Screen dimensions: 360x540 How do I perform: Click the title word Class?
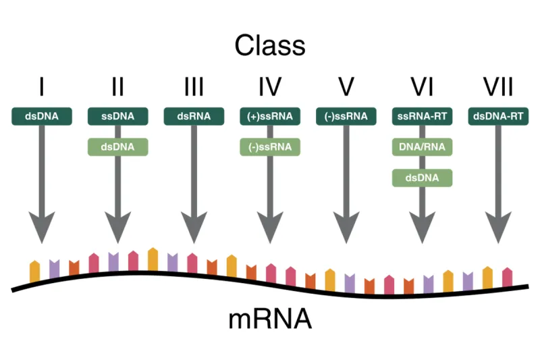(270, 45)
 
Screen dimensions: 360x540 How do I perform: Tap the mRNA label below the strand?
(270, 318)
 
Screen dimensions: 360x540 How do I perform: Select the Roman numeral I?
(42, 87)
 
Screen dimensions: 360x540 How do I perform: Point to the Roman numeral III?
(194, 87)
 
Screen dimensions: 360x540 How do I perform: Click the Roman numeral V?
(346, 87)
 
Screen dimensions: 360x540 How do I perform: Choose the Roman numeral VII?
(498, 87)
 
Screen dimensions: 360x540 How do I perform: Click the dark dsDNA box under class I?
(42, 116)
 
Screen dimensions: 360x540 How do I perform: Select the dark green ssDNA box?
(117, 116)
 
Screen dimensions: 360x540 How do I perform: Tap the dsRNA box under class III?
(194, 116)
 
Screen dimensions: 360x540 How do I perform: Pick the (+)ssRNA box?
(270, 116)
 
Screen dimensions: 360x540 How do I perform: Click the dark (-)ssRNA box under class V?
(346, 116)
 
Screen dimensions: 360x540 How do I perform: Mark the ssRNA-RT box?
(422, 116)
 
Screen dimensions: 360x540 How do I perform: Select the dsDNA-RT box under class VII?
(498, 116)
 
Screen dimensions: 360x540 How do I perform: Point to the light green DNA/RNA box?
(422, 147)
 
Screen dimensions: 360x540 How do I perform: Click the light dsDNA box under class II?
(117, 147)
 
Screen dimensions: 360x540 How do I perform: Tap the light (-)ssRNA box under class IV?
(270, 147)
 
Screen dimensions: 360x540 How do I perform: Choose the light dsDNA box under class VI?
(422, 178)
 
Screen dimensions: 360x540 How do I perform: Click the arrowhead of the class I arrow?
(42, 227)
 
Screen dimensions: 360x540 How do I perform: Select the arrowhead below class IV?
(270, 227)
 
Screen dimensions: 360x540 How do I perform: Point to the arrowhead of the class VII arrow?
(498, 227)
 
